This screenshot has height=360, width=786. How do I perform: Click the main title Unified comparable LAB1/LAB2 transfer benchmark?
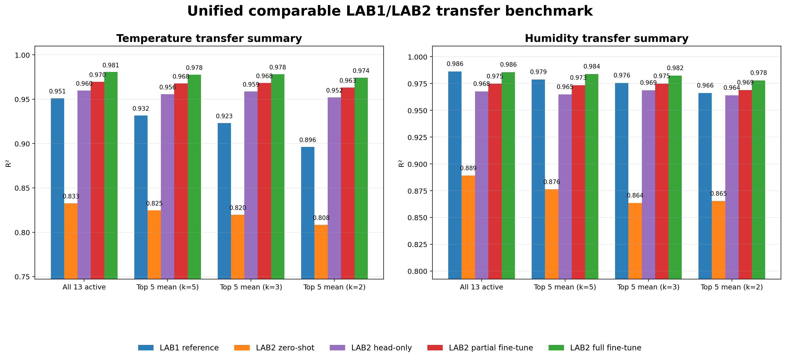click(390, 11)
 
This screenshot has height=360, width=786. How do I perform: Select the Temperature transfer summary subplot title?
click(209, 38)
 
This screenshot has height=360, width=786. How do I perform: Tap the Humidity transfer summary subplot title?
click(606, 38)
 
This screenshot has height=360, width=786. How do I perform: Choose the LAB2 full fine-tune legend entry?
click(605, 348)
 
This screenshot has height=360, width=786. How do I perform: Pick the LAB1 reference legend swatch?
click(146, 348)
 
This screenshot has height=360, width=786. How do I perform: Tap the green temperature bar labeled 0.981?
click(111, 176)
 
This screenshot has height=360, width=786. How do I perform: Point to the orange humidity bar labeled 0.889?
click(468, 227)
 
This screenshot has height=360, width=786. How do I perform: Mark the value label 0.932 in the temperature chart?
click(141, 109)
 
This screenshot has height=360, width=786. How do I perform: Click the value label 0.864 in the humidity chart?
click(635, 195)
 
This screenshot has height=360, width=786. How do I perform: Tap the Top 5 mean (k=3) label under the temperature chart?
click(251, 287)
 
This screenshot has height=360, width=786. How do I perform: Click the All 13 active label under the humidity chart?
click(481, 287)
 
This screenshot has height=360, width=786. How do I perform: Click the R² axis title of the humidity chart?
click(401, 164)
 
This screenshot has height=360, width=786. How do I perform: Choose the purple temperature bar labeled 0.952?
click(334, 188)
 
